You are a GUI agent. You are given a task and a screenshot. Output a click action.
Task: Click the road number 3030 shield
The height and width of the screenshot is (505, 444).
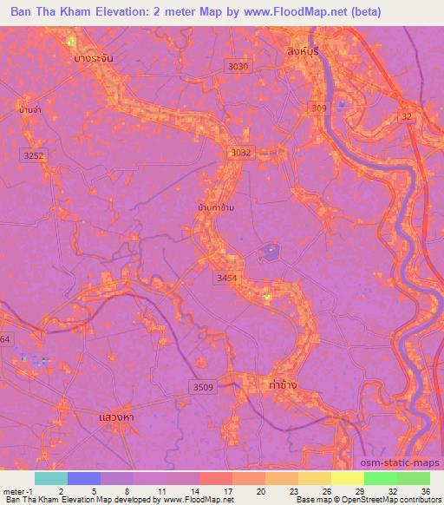click(x=237, y=66)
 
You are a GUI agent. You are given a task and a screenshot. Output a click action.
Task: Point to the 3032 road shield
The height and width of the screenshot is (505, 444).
click(x=240, y=153)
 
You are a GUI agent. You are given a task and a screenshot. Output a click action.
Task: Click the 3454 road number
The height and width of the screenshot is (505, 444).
click(x=225, y=278)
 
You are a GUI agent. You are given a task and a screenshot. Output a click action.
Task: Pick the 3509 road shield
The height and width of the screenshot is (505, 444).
click(x=202, y=387)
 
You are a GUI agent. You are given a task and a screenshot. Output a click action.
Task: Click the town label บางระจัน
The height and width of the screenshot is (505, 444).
click(x=95, y=58)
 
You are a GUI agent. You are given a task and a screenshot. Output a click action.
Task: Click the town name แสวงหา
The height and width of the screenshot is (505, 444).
click(x=115, y=417)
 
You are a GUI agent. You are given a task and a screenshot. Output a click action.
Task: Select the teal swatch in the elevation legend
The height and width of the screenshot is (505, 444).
click(x=51, y=478)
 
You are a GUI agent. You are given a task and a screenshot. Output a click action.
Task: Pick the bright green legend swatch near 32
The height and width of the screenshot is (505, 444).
click(x=381, y=478)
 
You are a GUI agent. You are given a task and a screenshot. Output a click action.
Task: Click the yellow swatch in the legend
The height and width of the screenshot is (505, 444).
click(x=348, y=478)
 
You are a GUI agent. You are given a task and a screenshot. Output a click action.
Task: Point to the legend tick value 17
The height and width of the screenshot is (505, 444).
click(x=229, y=490)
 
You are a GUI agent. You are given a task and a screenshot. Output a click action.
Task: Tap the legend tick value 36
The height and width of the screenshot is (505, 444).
click(x=425, y=490)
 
